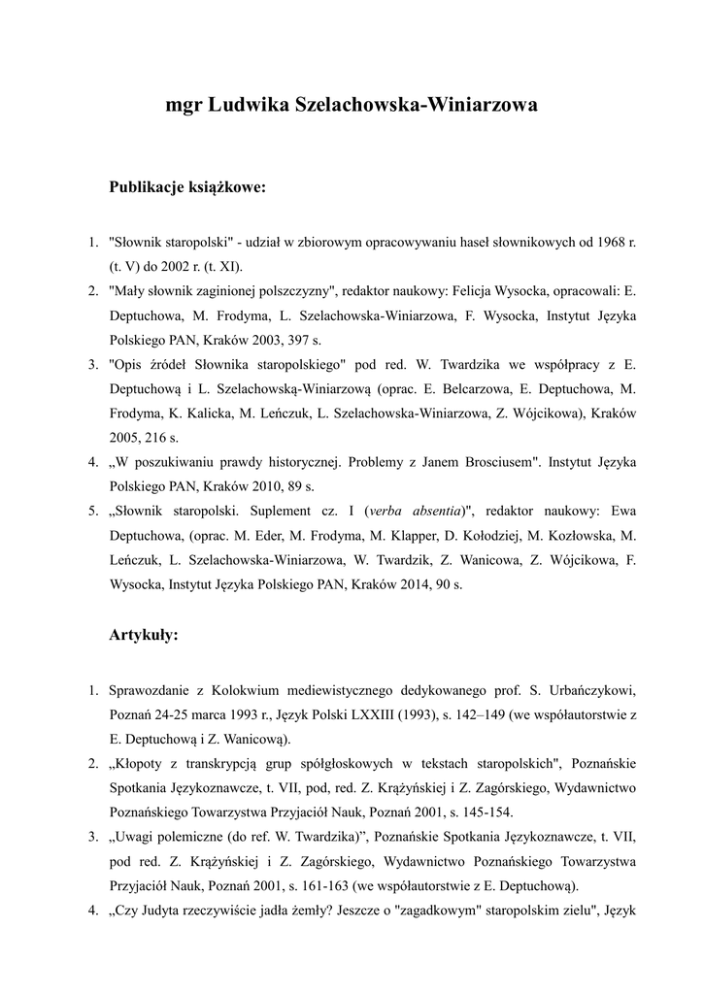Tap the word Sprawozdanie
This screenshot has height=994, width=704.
tap(152, 691)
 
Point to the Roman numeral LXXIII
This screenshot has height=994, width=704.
tap(398, 716)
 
